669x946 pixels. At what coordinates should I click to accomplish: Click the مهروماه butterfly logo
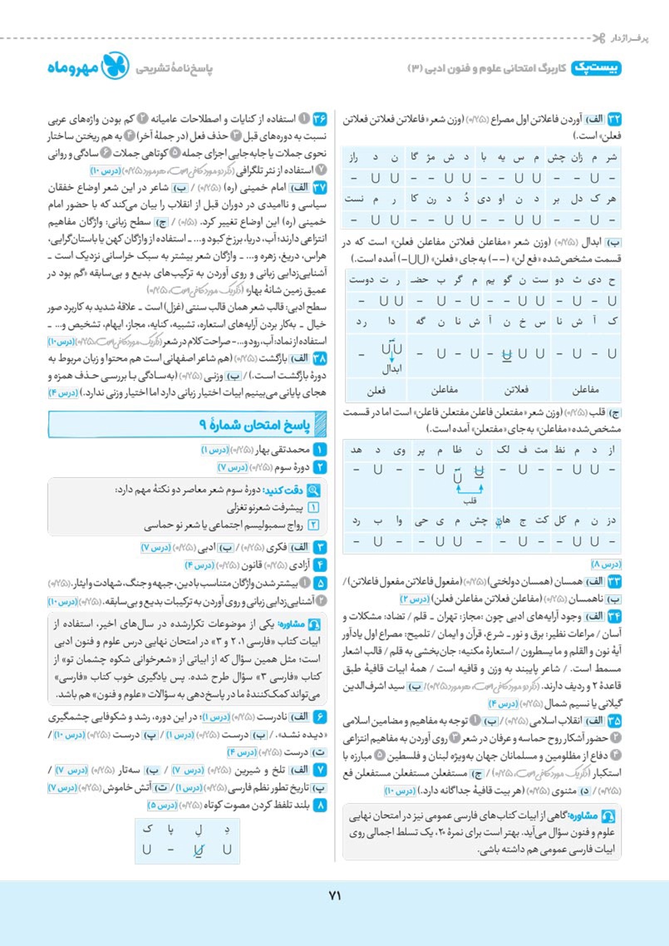pyautogui.click(x=114, y=68)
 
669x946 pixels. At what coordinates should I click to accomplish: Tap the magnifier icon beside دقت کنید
pyautogui.click(x=314, y=490)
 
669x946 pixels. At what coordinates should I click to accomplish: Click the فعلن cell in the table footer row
pyautogui.click(x=379, y=388)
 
